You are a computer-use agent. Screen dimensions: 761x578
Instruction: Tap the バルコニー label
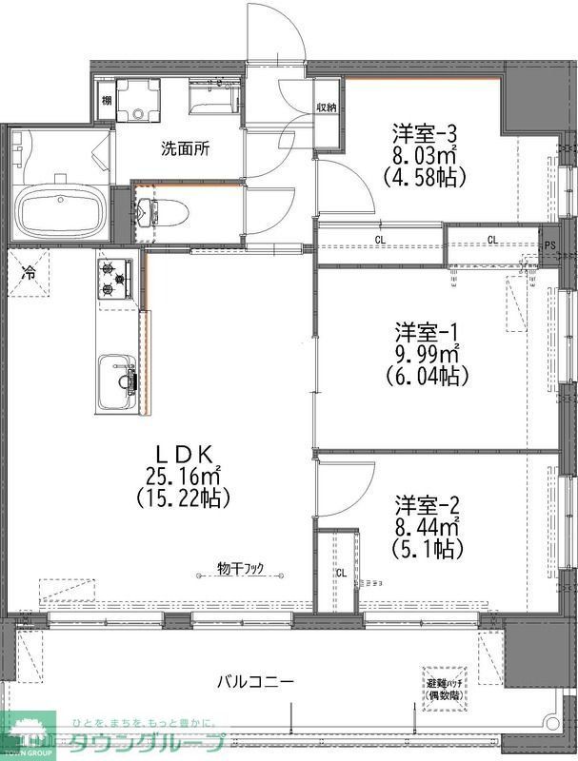pyautogui.click(x=254, y=681)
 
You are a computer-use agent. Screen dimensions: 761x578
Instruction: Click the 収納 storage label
pyautogui.click(x=327, y=107)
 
